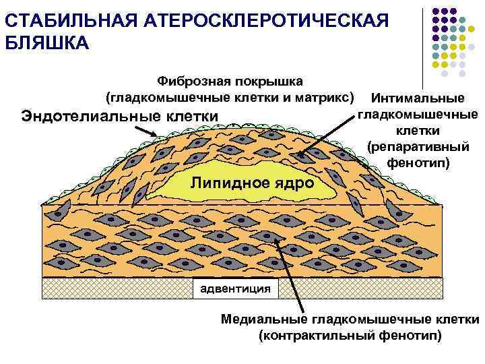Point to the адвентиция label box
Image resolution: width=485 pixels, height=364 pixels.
233,289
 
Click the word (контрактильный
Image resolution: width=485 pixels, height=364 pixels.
315,335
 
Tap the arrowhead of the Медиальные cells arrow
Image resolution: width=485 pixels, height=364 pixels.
274,237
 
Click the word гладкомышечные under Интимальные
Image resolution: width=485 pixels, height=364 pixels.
418,115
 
